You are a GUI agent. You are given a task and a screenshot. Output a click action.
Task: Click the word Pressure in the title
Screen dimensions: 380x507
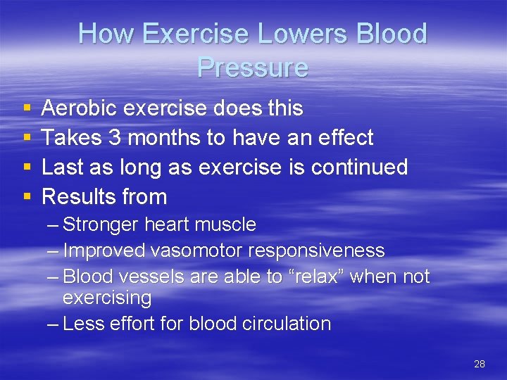[x=252, y=68]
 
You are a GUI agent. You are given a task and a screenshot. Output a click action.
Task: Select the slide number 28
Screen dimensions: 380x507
[x=480, y=364]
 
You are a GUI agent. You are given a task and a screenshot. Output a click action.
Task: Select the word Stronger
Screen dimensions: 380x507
[x=101, y=225]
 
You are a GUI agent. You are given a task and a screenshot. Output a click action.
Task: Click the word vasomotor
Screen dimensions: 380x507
[x=201, y=251]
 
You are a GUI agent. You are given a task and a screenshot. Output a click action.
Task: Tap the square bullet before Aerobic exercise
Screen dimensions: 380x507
[x=26, y=109]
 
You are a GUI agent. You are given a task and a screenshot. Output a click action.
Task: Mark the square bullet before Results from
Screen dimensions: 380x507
[x=26, y=198]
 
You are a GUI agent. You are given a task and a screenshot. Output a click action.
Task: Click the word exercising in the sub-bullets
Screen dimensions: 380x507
[x=107, y=298]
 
